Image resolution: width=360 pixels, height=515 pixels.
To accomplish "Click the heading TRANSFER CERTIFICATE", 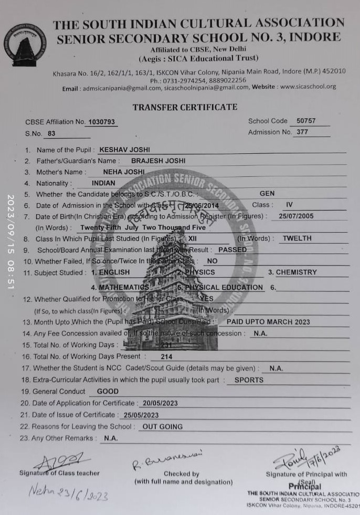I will click(x=185, y=107).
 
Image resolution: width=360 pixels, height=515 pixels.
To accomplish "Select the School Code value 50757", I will click(x=306, y=121).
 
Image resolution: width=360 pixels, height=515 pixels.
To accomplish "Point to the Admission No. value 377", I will click(x=302, y=132).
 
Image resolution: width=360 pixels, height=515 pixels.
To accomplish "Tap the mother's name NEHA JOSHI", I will click(x=123, y=172).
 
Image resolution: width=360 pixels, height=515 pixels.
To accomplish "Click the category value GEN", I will click(x=267, y=194).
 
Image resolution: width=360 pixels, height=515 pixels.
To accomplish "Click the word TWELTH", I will click(x=297, y=238).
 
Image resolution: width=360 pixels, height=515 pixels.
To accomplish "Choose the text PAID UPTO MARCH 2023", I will click(x=268, y=322).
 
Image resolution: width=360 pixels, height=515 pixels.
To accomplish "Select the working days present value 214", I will click(x=167, y=356).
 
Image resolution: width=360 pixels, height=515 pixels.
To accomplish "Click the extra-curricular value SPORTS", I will click(x=249, y=380).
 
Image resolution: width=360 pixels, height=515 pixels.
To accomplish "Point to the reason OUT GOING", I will click(x=163, y=427).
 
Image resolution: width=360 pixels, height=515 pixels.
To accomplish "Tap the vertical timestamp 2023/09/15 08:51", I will click(x=11, y=242).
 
